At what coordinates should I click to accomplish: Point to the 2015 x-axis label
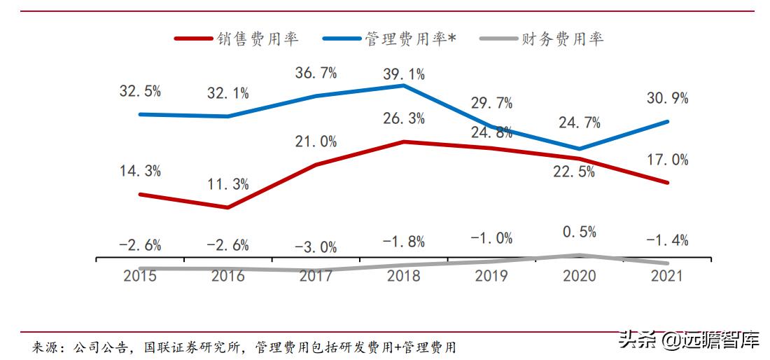coord(140,275)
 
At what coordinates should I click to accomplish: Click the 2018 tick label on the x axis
coord(404,275)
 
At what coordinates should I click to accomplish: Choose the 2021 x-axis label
coord(668,275)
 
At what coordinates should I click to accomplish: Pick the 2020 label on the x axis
coord(580,275)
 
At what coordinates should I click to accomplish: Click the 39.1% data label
coord(404,74)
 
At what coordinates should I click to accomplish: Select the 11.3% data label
coord(227,185)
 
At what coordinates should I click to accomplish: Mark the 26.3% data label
coord(404,119)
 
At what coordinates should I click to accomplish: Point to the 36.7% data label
coord(316,72)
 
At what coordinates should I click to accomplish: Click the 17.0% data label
coord(668,160)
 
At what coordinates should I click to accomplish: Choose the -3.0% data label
coord(316,247)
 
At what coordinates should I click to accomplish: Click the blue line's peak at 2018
coord(404,85)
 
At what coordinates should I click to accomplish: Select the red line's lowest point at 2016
coord(227,207)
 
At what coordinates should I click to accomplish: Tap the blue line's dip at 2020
coord(580,148)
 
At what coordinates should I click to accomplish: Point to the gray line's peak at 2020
coord(580,256)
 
